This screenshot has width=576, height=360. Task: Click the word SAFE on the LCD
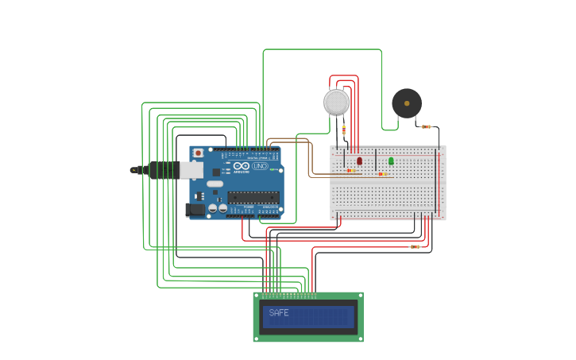[x=279, y=313]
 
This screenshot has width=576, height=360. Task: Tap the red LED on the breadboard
[x=359, y=161]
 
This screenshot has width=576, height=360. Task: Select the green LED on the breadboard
[x=391, y=161]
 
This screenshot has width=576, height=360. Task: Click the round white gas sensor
[x=336, y=102]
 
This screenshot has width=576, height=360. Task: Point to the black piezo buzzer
[x=407, y=103]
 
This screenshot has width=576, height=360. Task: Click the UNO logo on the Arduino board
[x=260, y=166]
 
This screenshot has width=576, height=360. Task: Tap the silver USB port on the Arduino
[x=191, y=169]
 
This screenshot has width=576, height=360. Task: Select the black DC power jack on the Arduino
[x=194, y=210]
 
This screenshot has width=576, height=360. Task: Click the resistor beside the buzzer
[x=427, y=126]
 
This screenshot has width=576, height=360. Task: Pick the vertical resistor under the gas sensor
[x=343, y=130]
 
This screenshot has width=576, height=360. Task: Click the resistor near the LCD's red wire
[x=415, y=247]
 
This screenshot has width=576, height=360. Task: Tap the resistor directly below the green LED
[x=383, y=173]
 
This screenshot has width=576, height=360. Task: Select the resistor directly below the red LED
[x=350, y=170]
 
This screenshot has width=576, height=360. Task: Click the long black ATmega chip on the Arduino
[x=253, y=197]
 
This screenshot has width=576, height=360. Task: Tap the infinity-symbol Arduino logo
[x=242, y=166]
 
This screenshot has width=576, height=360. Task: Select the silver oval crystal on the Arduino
[x=215, y=184]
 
